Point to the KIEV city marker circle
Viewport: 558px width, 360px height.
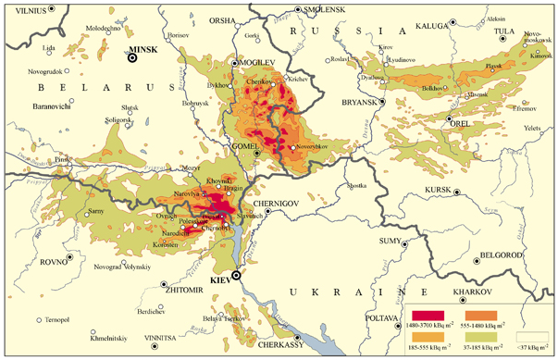(x=236, y=276)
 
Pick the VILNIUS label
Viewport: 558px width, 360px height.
(x=23, y=8)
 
